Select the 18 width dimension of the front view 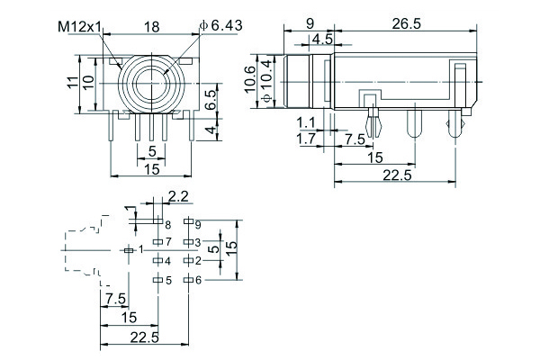[x=152, y=28]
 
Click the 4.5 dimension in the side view [x=321, y=39]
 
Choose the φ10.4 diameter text [x=267, y=82]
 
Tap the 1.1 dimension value [x=305, y=123]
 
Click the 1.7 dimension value [x=306, y=139]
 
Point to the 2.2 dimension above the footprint [x=178, y=195]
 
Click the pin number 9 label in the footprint [x=198, y=222]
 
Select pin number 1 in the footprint [x=141, y=247]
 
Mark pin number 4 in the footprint [x=167, y=261]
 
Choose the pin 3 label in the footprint [x=197, y=241]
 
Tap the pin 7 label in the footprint [x=167, y=240]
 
